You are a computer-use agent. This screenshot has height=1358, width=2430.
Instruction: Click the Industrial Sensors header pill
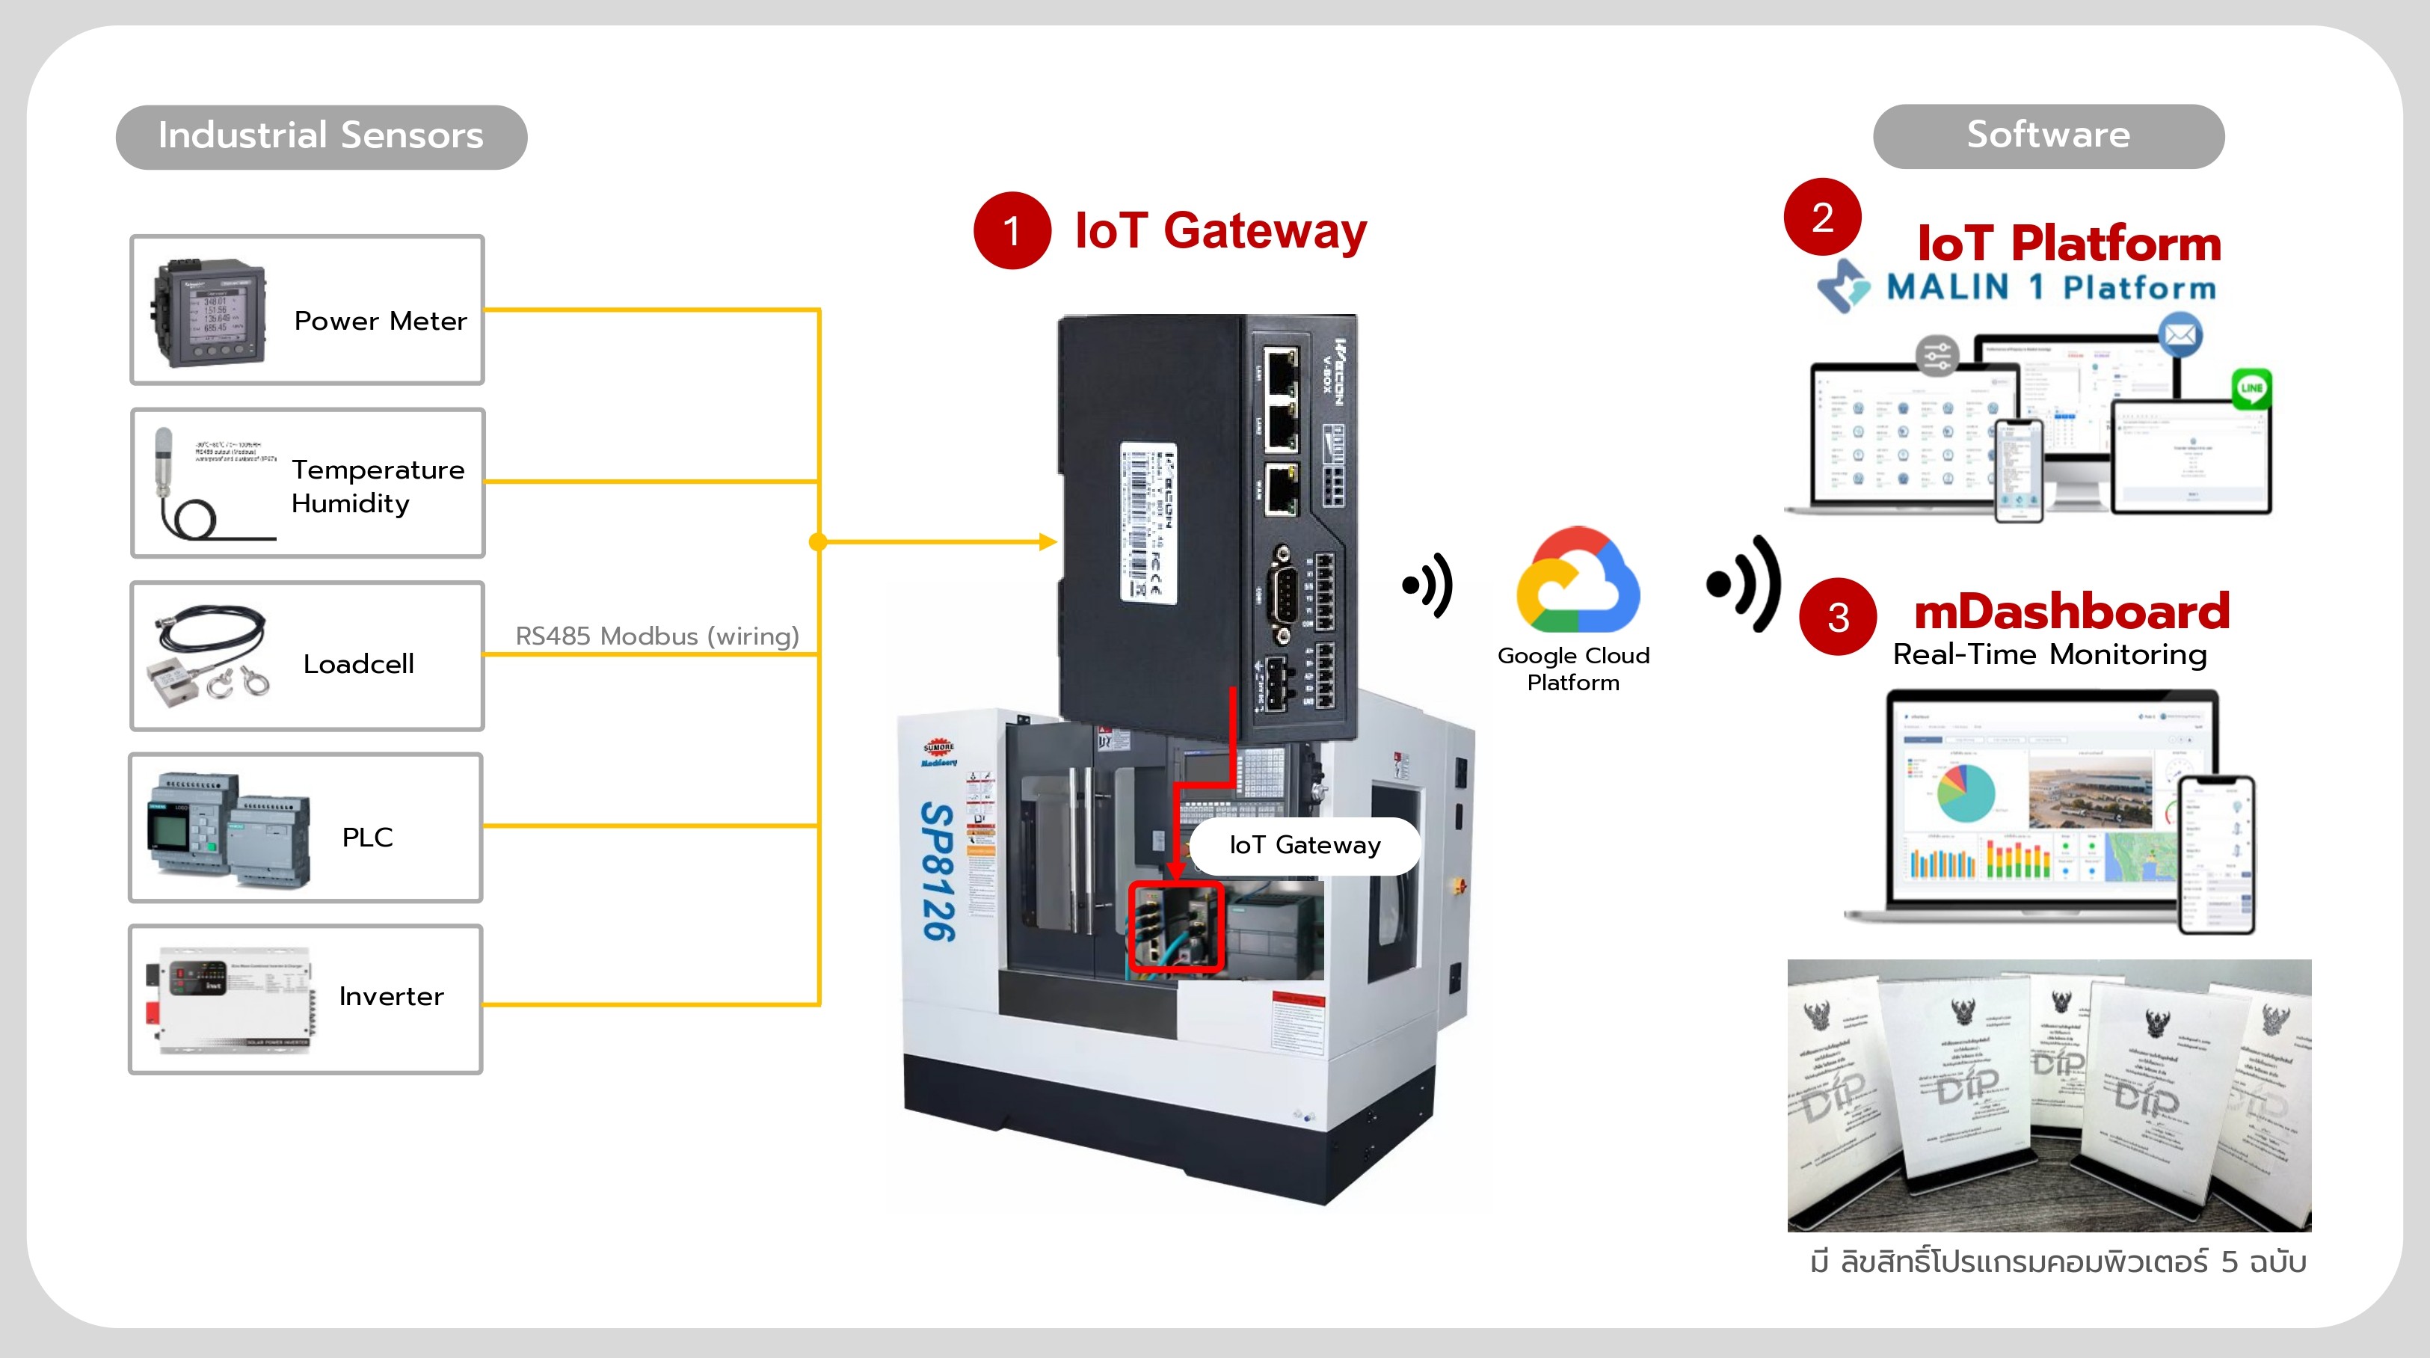click(x=321, y=137)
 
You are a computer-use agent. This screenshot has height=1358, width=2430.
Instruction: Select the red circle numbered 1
click(x=1011, y=231)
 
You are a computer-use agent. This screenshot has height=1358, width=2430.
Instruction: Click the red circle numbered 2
click(x=1821, y=217)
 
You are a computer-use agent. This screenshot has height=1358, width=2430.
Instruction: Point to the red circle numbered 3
click(x=1838, y=617)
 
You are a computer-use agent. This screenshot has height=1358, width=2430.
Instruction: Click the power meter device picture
click(x=210, y=311)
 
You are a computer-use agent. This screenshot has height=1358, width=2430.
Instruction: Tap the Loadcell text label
click(x=358, y=664)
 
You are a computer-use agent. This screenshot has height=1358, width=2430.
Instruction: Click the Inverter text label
click(x=390, y=997)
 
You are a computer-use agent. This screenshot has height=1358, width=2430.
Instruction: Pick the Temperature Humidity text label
click(x=378, y=486)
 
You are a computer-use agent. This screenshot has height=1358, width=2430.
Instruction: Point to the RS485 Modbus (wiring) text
click(x=656, y=636)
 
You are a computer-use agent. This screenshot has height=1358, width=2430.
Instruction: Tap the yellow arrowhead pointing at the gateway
click(x=1047, y=541)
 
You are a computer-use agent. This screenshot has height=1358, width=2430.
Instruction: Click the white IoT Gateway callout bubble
click(x=1305, y=846)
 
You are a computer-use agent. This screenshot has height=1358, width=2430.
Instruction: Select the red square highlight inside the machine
click(x=1175, y=927)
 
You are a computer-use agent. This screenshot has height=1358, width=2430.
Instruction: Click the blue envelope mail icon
click(x=2180, y=335)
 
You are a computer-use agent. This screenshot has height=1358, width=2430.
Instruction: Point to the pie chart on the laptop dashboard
click(x=1965, y=793)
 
